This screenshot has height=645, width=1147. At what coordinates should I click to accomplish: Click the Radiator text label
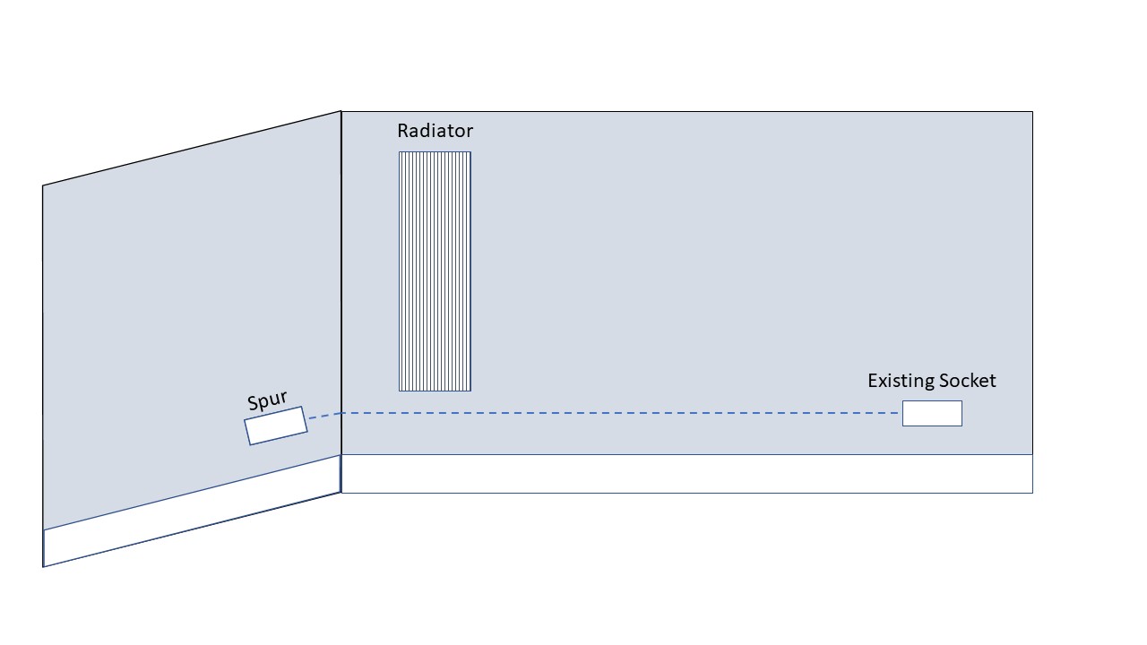coord(435,131)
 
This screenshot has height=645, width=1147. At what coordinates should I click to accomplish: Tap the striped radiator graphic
coord(435,271)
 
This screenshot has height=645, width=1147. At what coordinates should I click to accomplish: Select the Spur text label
coord(267,401)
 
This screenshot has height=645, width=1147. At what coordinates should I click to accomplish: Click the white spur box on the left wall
coord(276,426)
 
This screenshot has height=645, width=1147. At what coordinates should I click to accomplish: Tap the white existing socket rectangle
coord(932,413)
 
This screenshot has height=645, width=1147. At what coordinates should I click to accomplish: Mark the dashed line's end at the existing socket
coord(900,413)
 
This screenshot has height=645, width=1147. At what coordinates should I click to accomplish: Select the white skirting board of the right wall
coord(687,474)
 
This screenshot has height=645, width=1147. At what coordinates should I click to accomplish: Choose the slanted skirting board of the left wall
coord(192,512)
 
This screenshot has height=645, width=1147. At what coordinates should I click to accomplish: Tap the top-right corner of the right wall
coord(1032,112)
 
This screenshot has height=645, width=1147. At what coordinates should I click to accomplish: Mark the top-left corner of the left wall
coord(43,185)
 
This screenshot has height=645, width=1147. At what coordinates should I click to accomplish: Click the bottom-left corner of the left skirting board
coord(43,566)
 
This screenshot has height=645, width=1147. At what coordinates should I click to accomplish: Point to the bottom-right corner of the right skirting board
coord(1032,492)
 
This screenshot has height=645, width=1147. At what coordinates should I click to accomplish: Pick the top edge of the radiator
coord(435,152)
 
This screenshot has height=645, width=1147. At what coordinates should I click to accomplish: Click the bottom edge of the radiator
coord(435,391)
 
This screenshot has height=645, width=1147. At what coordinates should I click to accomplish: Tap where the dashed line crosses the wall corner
coord(341,413)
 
